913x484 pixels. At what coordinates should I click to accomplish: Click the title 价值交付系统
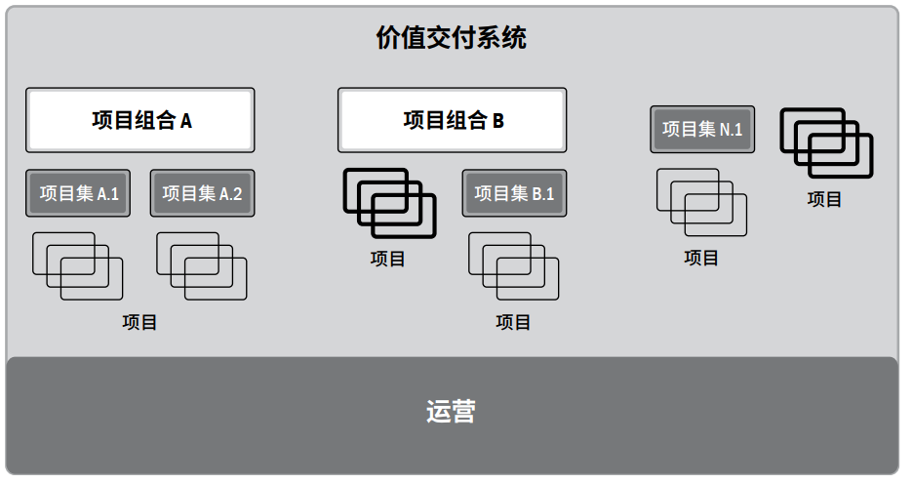(451, 38)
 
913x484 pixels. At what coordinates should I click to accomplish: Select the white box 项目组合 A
(140, 120)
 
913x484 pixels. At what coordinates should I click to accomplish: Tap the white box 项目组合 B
(452, 120)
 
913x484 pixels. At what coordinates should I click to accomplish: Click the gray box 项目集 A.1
(79, 193)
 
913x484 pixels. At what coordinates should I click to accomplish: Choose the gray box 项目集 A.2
(202, 193)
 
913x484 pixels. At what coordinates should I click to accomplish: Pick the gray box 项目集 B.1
(514, 193)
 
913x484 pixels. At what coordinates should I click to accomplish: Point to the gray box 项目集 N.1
(702, 129)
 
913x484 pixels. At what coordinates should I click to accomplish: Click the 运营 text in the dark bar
(451, 411)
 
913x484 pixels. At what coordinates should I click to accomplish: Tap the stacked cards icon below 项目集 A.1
(78, 265)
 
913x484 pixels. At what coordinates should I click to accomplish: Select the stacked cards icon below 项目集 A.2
(202, 265)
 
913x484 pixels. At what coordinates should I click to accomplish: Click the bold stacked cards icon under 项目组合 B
(389, 203)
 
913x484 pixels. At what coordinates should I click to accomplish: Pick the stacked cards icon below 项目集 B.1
(514, 265)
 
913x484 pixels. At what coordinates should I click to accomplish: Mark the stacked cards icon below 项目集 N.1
(701, 202)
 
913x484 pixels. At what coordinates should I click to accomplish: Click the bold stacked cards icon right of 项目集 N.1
(825, 142)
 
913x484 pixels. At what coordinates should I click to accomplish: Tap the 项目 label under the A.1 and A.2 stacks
(139, 322)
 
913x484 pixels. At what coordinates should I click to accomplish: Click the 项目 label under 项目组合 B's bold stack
(388, 259)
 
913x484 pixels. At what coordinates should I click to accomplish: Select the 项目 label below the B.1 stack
(513, 322)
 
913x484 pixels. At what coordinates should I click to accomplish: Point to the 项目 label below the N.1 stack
(701, 258)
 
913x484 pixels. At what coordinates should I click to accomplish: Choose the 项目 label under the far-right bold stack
(824, 199)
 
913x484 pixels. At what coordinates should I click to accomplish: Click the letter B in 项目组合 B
(497, 121)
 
